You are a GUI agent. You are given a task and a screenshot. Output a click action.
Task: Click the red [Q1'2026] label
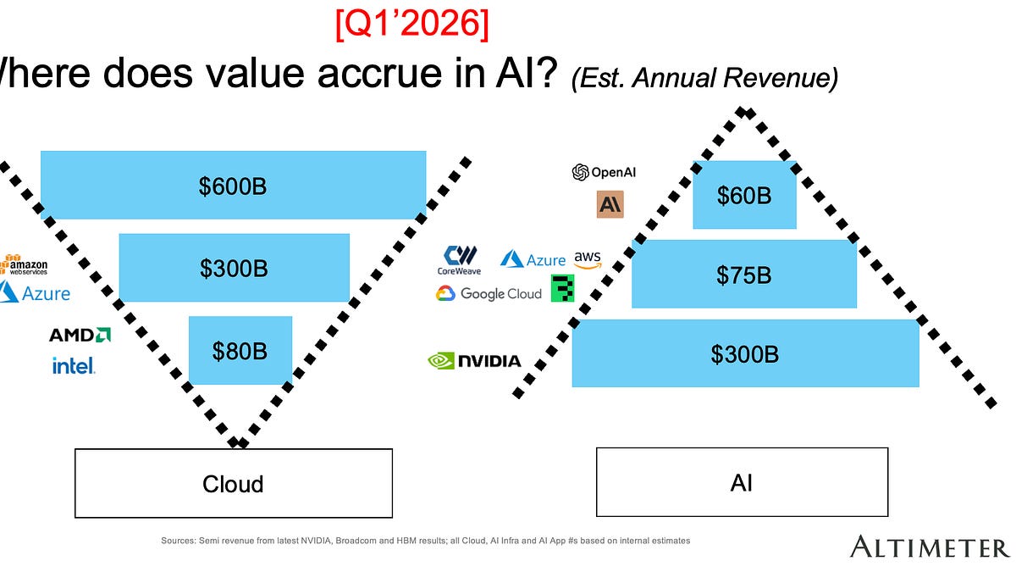click(411, 25)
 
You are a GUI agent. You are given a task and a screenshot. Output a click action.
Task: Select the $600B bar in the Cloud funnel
click(233, 186)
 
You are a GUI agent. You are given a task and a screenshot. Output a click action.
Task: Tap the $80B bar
click(240, 350)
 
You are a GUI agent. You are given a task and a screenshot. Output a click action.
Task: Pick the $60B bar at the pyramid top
click(744, 195)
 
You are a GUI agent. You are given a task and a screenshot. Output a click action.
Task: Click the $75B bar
click(744, 274)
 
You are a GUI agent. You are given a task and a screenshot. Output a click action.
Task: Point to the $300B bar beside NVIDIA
click(745, 353)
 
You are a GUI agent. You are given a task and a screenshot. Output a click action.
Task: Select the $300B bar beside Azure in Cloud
click(234, 268)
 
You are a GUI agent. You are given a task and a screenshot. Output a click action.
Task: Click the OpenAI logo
click(604, 172)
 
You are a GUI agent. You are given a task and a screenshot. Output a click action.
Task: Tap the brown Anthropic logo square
click(610, 204)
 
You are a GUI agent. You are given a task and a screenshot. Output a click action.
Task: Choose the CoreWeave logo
click(459, 260)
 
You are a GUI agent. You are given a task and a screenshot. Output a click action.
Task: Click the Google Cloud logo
click(489, 293)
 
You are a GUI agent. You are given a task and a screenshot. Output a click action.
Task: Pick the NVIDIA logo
click(474, 361)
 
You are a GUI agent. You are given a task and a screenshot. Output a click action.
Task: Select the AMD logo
click(80, 335)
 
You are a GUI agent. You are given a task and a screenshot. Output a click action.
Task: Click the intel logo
click(74, 366)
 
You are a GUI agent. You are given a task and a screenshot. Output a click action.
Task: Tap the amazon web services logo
click(24, 264)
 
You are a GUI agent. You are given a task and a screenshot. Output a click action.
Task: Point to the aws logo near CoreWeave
click(587, 258)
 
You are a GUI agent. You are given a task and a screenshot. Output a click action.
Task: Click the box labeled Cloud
click(233, 483)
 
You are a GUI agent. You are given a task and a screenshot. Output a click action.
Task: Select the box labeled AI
click(742, 482)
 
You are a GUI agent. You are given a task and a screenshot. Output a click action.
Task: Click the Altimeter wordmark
click(929, 546)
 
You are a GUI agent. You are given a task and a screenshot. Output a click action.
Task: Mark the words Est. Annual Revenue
click(704, 79)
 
